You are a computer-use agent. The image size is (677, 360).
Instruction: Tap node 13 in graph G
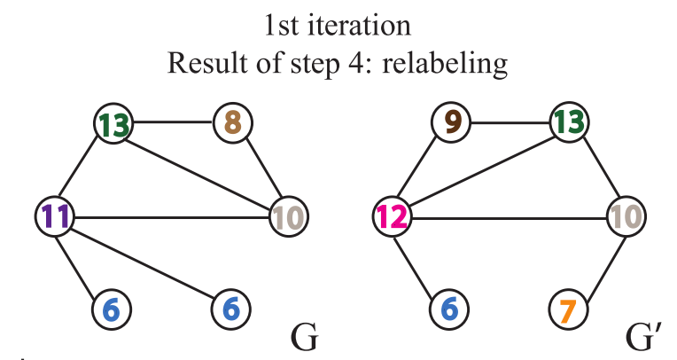pyautogui.click(x=113, y=125)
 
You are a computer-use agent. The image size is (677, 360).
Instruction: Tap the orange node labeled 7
pyautogui.click(x=567, y=309)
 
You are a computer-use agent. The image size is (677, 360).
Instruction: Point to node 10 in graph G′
pyautogui.click(x=626, y=215)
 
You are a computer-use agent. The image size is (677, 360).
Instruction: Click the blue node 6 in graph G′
pyautogui.click(x=448, y=309)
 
